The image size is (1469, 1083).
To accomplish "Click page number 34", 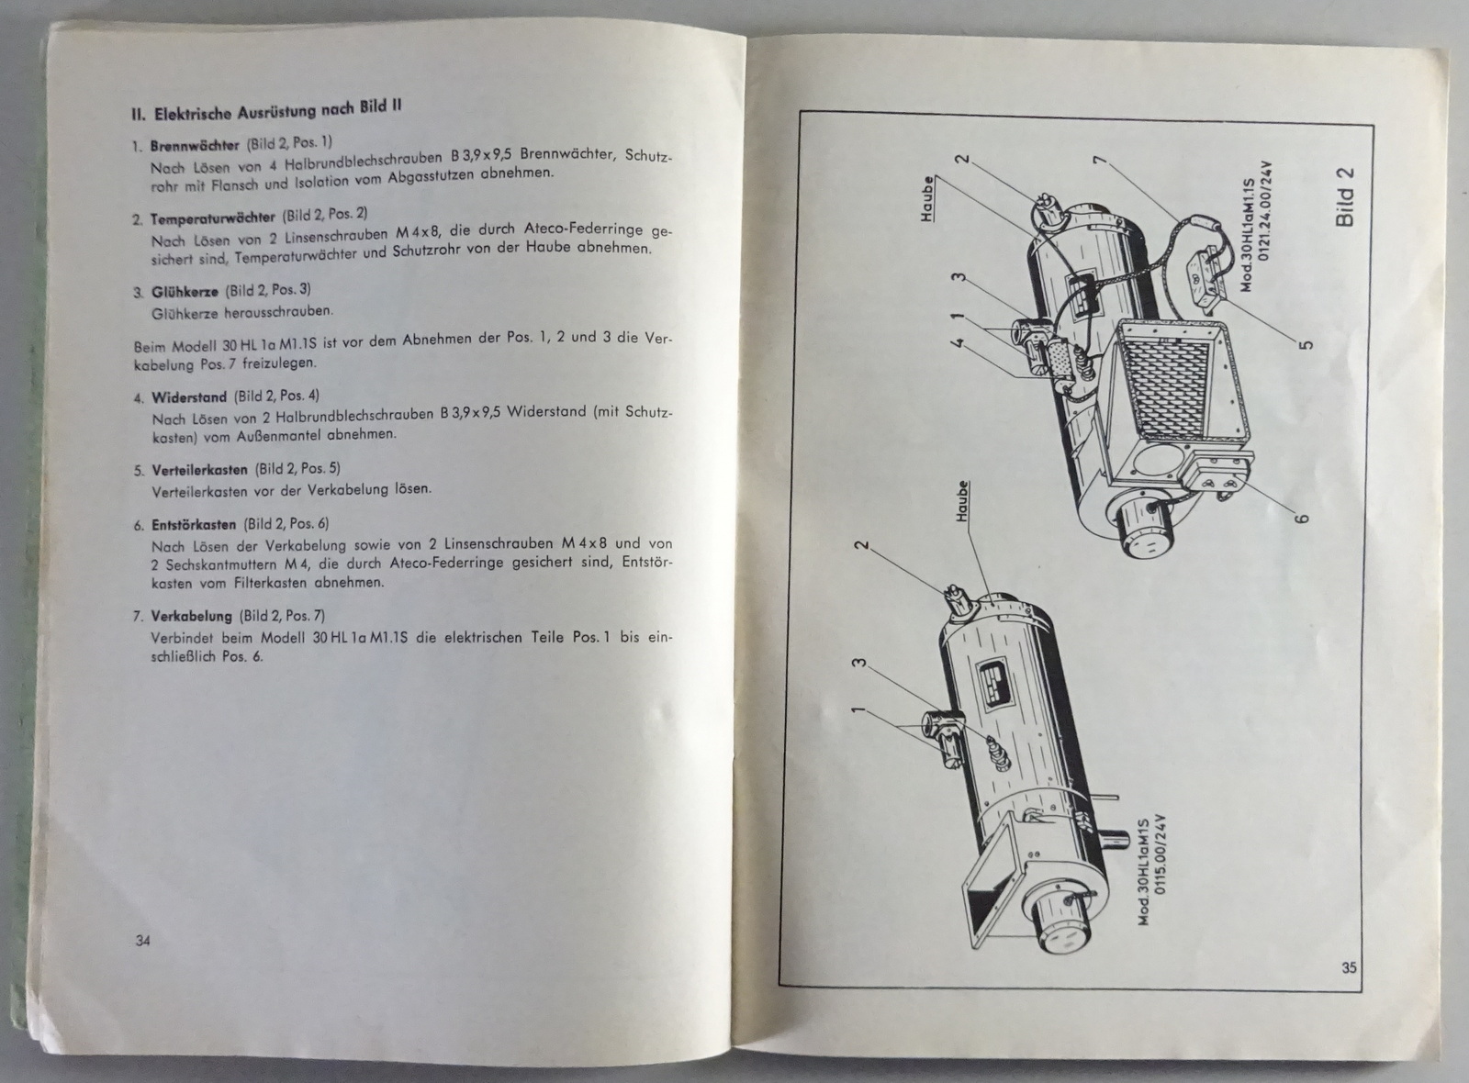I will click(x=142, y=940).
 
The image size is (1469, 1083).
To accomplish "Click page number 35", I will click(x=1348, y=966).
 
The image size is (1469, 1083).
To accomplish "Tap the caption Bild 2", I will click(x=1344, y=196).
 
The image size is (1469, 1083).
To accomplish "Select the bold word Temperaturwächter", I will click(x=212, y=218).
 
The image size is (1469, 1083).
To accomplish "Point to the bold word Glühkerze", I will click(x=184, y=292).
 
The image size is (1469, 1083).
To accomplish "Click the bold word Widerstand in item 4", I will click(x=188, y=397).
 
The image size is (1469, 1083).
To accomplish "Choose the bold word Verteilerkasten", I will click(x=199, y=469).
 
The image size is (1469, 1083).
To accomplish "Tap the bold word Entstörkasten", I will click(x=193, y=524).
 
